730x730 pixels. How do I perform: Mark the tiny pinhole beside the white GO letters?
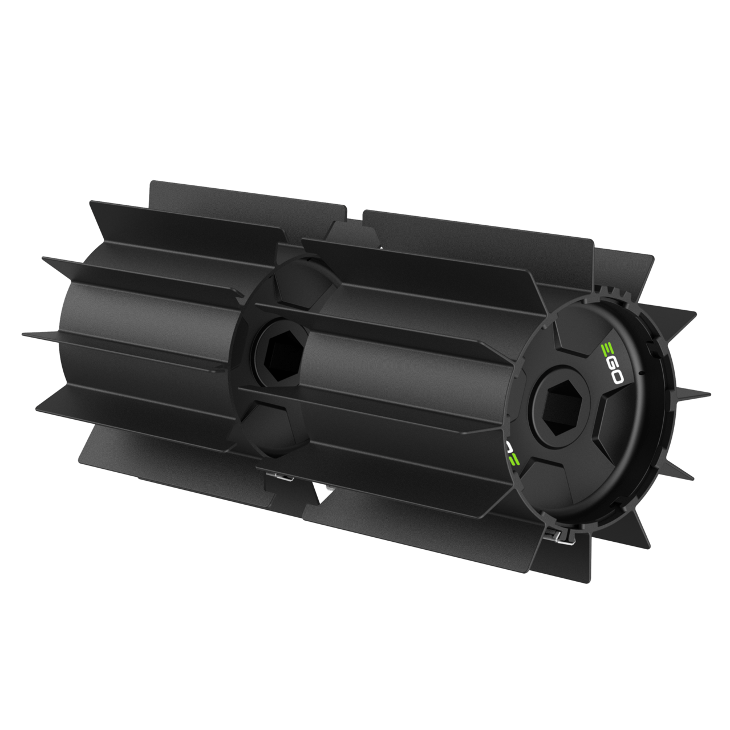pos(642,374)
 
